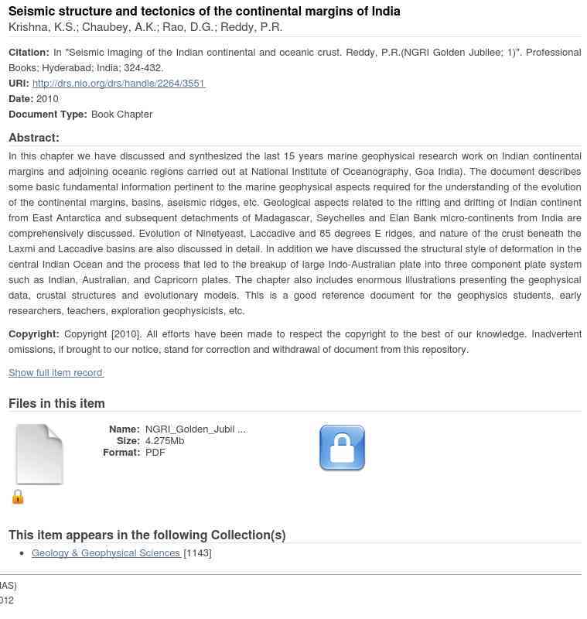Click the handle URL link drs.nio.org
click(x=118, y=84)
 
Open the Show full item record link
click(x=56, y=373)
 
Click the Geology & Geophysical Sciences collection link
click(x=106, y=553)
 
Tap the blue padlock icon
click(x=342, y=447)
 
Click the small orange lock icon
click(x=18, y=497)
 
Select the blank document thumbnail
click(x=39, y=454)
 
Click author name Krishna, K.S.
click(x=42, y=28)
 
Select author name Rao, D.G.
click(x=189, y=28)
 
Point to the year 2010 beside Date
click(x=47, y=99)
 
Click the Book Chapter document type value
click(x=121, y=115)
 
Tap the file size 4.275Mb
click(x=165, y=441)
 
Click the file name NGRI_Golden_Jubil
click(x=196, y=429)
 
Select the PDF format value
click(x=155, y=453)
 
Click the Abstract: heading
click(x=34, y=138)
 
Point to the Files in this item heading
click(x=56, y=403)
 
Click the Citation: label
click(x=29, y=53)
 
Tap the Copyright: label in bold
click(x=33, y=334)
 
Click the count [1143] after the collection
click(x=197, y=553)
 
